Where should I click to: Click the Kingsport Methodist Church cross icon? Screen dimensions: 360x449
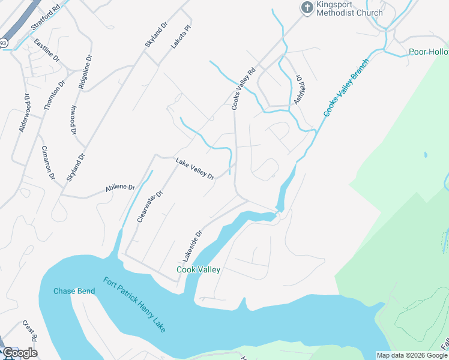pyautogui.click(x=307, y=8)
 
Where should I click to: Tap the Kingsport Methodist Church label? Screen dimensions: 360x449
pyautogui.click(x=349, y=8)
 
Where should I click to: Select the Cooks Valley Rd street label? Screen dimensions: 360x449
pyautogui.click(x=243, y=88)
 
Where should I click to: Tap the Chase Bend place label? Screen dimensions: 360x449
pyautogui.click(x=74, y=291)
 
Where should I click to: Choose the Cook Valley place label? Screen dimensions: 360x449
pyautogui.click(x=198, y=269)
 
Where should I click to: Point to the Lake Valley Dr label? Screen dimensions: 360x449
pyautogui.click(x=194, y=169)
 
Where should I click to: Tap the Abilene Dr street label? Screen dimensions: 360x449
pyautogui.click(x=120, y=187)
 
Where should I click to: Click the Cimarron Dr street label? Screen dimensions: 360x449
pyautogui.click(x=48, y=163)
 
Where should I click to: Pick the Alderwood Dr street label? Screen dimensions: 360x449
pyautogui.click(x=25, y=113)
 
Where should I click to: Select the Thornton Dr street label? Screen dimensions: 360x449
pyautogui.click(x=53, y=95)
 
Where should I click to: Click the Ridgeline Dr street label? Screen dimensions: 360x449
pyautogui.click(x=85, y=73)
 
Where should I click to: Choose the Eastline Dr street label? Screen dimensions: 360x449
pyautogui.click(x=47, y=51)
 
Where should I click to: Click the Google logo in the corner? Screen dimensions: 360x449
pyautogui.click(x=20, y=353)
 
